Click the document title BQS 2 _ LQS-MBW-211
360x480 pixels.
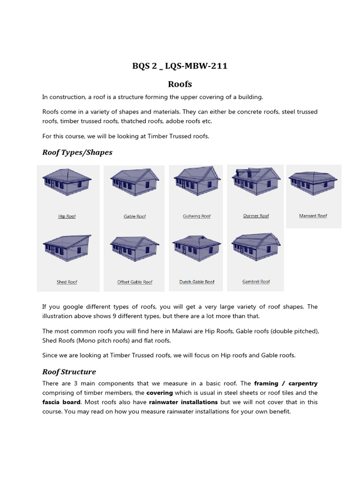[x=180, y=66]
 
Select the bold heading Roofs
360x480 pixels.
[x=180, y=84]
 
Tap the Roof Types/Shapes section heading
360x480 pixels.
[x=77, y=152]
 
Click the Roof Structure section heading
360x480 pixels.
[x=69, y=372]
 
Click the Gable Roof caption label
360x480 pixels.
[x=135, y=217]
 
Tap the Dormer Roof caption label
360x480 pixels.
[x=256, y=216]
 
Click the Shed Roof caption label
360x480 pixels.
[x=67, y=282]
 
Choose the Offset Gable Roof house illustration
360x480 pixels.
[x=135, y=247]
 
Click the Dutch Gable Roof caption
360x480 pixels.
[x=196, y=282]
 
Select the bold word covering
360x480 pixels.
[x=159, y=393]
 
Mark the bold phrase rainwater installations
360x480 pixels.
[x=183, y=402]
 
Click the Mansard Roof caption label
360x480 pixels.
[x=313, y=216]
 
